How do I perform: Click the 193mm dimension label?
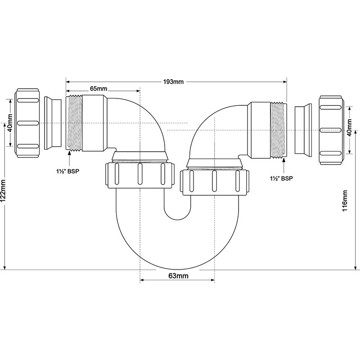[x=173, y=82]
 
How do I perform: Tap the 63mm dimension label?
[x=178, y=276]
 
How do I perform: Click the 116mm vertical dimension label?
[x=345, y=201]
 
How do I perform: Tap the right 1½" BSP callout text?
[x=281, y=178]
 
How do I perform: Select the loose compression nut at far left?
[x=27, y=123]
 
